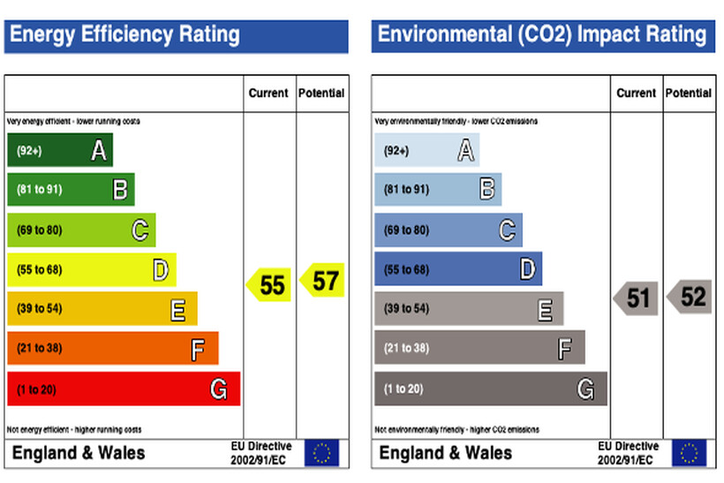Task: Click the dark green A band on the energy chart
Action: pyautogui.click(x=59, y=150)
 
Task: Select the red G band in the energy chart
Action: pyautogui.click(x=123, y=389)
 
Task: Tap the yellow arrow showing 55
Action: pyautogui.click(x=268, y=284)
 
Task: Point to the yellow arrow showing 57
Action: pyautogui.click(x=321, y=281)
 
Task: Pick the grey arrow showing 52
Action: pyautogui.click(x=690, y=297)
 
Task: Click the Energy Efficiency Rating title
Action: pyautogui.click(x=124, y=35)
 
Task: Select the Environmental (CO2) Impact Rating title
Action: pyautogui.click(x=541, y=35)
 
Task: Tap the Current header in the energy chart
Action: pyautogui.click(x=268, y=93)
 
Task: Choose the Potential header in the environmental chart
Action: pyautogui.click(x=689, y=93)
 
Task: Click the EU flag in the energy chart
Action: pyautogui.click(x=321, y=453)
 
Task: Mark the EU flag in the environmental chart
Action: pyautogui.click(x=689, y=453)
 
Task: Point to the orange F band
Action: pyautogui.click(x=112, y=348)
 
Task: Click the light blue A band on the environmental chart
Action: pyautogui.click(x=426, y=150)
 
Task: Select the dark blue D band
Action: pyautogui.click(x=458, y=269)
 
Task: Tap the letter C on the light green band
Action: pyautogui.click(x=140, y=230)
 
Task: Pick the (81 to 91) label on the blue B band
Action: pyautogui.click(x=406, y=190)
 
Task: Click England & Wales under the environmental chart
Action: pyautogui.click(x=445, y=453)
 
